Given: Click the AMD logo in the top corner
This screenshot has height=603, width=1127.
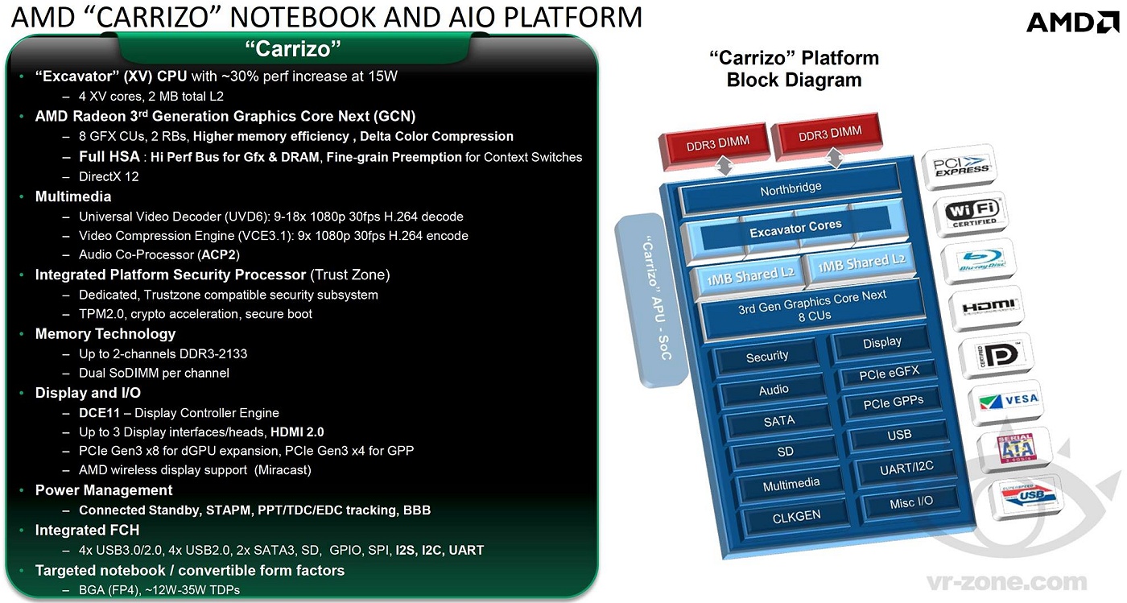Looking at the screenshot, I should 1072,22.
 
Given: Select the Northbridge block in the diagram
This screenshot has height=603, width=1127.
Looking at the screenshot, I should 791,188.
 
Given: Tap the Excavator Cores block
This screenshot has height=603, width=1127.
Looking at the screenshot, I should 795,229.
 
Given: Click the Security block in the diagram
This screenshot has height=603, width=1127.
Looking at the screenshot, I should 767,356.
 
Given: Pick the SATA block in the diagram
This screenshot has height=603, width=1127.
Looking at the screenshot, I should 778,420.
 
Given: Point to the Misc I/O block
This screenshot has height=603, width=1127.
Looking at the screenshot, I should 911,502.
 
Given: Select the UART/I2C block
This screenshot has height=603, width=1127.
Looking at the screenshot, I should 906,467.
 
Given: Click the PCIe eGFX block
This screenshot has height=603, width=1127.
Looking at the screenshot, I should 890,373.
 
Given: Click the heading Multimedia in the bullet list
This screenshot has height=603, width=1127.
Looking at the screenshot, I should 73,196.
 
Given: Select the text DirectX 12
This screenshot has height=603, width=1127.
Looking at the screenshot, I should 109,176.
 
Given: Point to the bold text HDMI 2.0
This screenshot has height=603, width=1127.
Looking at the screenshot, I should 297,432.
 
